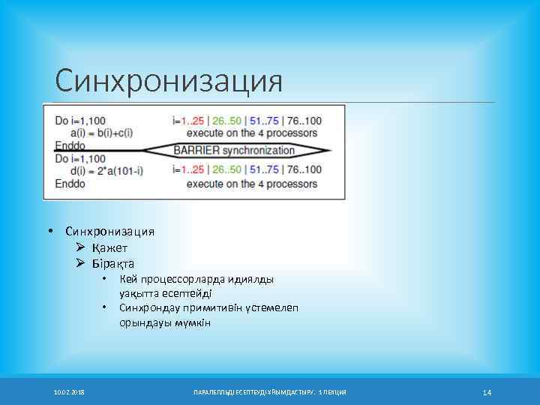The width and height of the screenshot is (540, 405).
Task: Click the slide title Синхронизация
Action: pos(169,81)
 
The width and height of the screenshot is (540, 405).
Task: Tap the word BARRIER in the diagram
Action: pos(196,150)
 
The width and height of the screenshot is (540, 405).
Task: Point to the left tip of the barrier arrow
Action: pos(143,150)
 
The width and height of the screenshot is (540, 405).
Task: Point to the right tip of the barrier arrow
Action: pos(330,150)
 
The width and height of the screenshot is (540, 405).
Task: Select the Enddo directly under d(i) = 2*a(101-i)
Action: pos(70,183)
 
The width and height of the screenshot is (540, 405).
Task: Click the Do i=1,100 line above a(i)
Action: pos(80,120)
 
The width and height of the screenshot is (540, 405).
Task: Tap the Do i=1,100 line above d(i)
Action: pos(80,159)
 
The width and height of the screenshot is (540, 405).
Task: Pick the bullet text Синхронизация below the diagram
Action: pos(109,232)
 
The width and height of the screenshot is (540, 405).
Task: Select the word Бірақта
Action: pos(114,263)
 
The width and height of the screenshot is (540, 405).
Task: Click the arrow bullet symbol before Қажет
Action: pos(81,247)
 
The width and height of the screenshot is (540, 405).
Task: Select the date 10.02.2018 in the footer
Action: pos(69,392)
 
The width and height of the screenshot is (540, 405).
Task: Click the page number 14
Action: pos(487,392)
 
